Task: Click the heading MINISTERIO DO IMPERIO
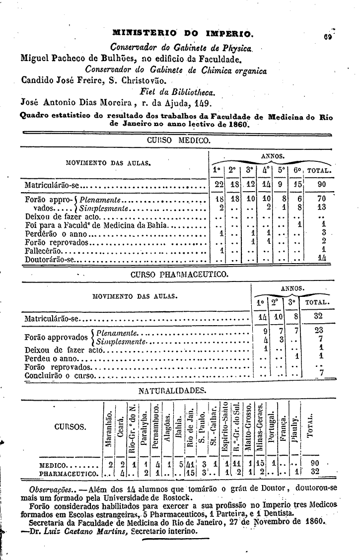184,35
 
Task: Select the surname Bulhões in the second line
117,59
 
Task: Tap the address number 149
203,104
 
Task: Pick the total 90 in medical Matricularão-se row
322,185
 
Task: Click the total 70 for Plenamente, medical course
322,200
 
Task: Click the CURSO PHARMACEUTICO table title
179,274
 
